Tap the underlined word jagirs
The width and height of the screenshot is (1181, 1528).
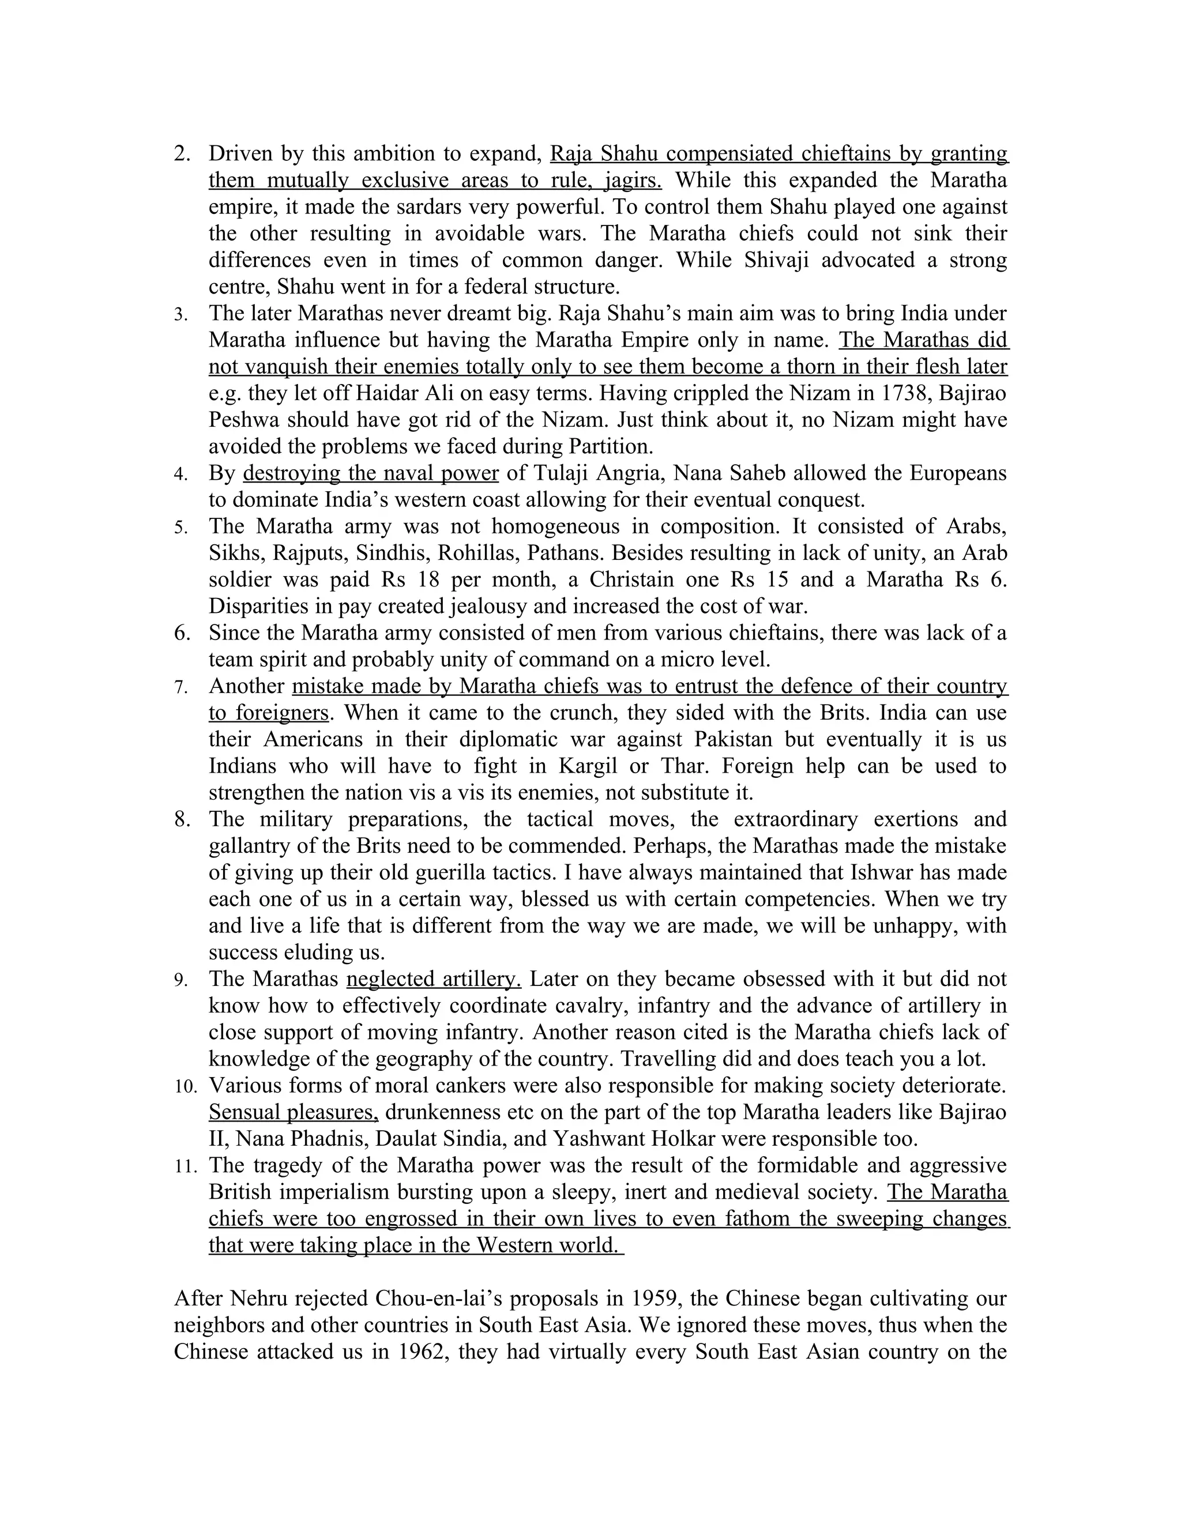[x=633, y=180]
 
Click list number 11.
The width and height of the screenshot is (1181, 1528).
[x=186, y=1165]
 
